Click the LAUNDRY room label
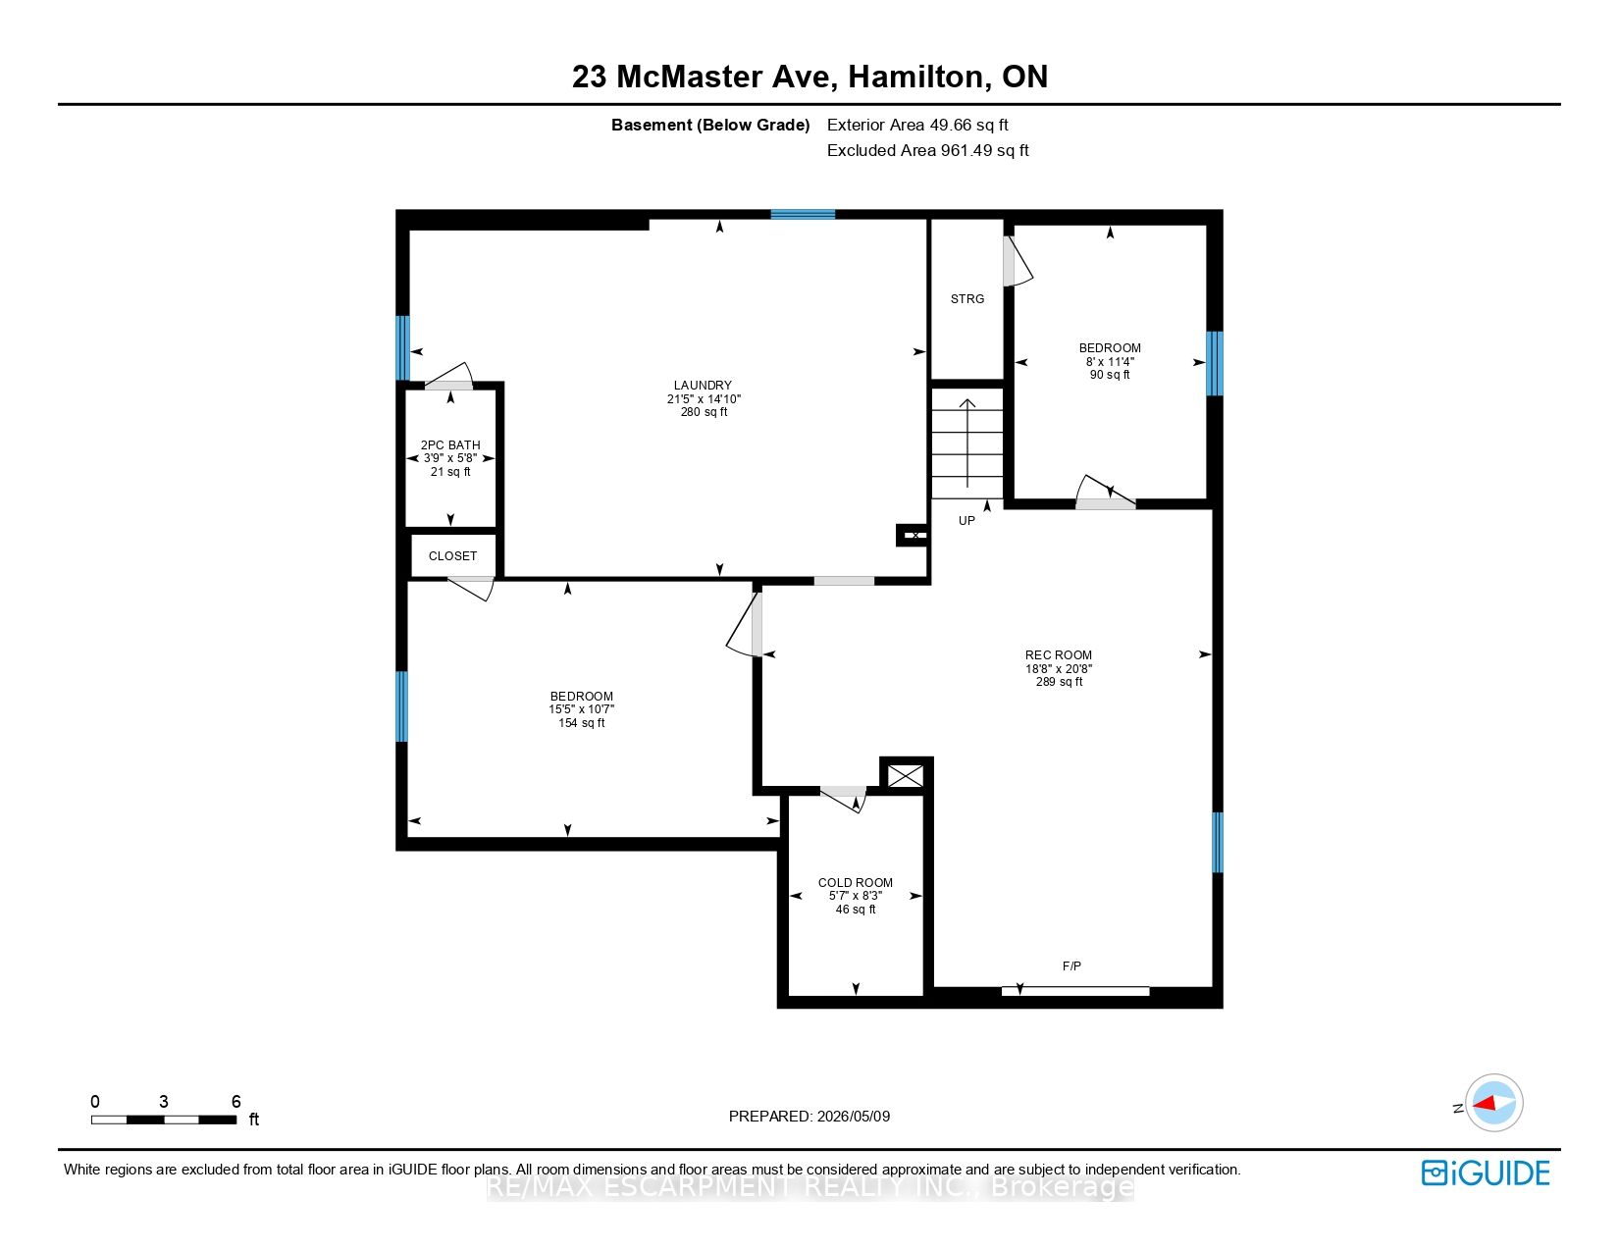click(x=703, y=386)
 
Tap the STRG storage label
click(x=967, y=299)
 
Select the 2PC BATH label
click(x=450, y=444)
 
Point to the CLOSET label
click(x=452, y=555)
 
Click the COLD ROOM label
click(x=856, y=882)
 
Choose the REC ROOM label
click(x=1058, y=654)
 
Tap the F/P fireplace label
click(x=1071, y=965)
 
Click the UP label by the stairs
click(x=966, y=521)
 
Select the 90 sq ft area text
click(x=1110, y=375)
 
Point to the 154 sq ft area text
click(x=581, y=723)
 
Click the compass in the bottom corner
click(x=1493, y=1103)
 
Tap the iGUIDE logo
click(x=1485, y=1173)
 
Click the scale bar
click(x=164, y=1120)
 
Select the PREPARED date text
click(x=809, y=1117)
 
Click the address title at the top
click(x=809, y=77)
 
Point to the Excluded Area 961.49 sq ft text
click(x=927, y=150)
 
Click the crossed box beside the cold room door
click(x=906, y=776)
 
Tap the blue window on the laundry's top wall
click(x=803, y=215)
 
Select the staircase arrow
click(x=967, y=443)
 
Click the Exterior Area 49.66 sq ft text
click(x=917, y=126)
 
